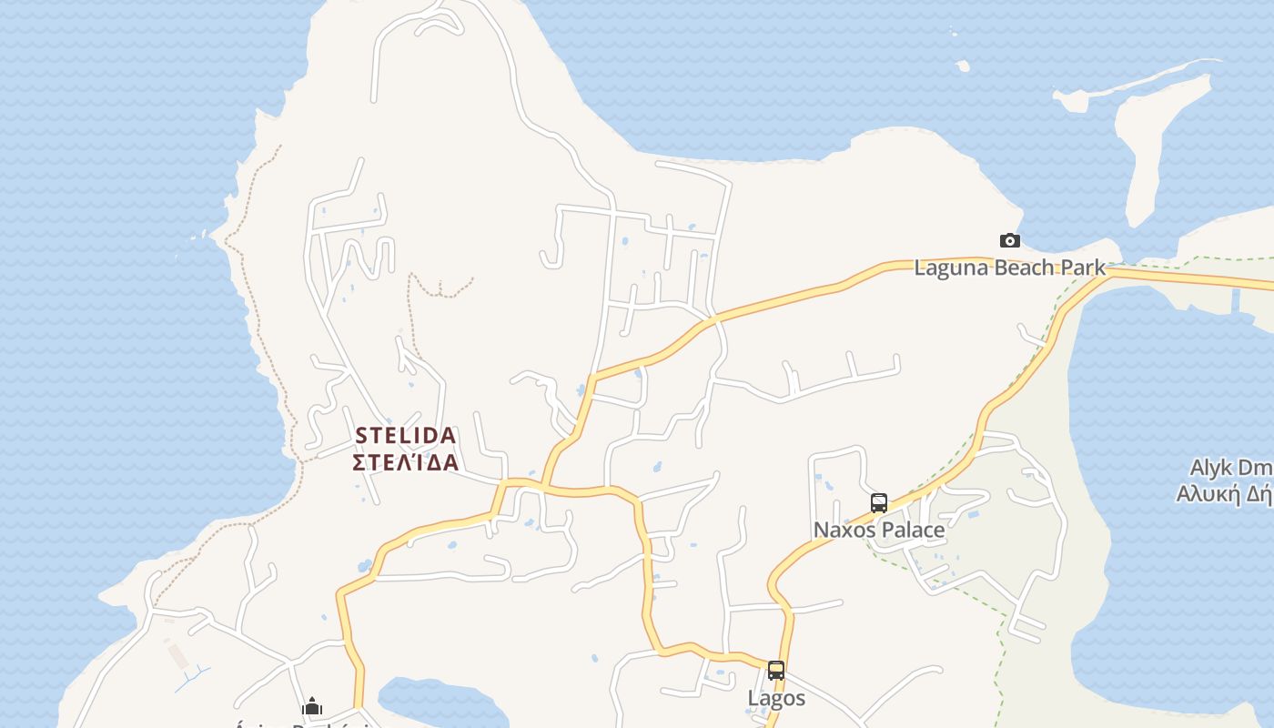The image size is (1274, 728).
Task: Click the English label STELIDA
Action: pos(405,435)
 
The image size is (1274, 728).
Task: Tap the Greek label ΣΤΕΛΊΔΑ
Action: pos(405,462)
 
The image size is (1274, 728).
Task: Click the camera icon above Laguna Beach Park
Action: pos(1009,241)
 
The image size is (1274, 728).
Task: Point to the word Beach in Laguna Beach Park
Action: pos(1024,268)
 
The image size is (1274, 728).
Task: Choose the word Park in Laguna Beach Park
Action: pos(1083,268)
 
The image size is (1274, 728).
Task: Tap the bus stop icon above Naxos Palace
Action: pos(879,502)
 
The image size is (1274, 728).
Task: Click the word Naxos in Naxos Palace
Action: pos(845,530)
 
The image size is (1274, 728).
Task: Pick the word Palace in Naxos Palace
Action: pos(914,530)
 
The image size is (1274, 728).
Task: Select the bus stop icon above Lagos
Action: pos(776,671)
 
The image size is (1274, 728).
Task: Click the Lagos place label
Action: pos(776,698)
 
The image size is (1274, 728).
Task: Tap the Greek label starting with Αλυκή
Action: pos(1224,494)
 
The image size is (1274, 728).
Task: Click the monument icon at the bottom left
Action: pos(312,706)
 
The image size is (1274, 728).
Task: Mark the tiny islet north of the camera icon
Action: pos(963,66)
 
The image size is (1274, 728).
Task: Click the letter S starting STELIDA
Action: pos(360,435)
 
